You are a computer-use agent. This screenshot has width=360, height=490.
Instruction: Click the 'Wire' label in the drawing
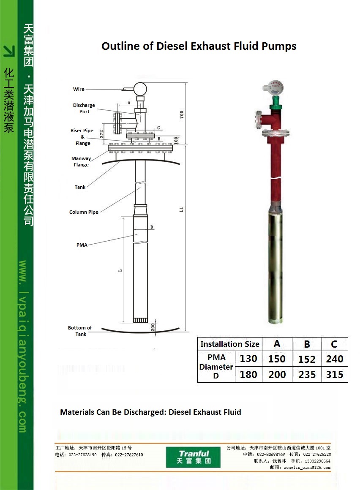(79, 89)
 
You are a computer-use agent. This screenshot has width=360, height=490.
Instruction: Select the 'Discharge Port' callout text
(84, 108)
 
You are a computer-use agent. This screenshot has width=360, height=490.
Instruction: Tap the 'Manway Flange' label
(81, 161)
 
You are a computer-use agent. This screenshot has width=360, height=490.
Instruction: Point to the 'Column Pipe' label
(84, 212)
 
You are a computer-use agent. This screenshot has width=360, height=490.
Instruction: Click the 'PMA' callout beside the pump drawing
(82, 245)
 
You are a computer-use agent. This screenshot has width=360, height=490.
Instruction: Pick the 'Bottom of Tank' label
(80, 331)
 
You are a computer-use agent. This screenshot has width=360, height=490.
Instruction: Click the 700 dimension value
(182, 114)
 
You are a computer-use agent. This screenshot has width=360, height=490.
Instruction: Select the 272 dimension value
(101, 134)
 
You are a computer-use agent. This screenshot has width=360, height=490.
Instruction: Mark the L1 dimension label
(181, 210)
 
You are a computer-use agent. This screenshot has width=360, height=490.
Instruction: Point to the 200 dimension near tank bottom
(153, 327)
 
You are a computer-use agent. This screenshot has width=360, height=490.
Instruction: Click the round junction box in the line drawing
(140, 89)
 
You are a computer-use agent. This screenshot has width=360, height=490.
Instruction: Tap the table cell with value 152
(307, 359)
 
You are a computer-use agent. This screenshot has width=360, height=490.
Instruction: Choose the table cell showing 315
(335, 374)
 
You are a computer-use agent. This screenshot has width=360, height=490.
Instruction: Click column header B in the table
(307, 344)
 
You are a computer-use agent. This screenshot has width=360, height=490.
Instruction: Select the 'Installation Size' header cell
(230, 344)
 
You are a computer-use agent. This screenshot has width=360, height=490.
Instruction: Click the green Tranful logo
(193, 457)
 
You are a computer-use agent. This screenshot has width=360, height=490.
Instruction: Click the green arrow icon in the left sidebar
(9, 51)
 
